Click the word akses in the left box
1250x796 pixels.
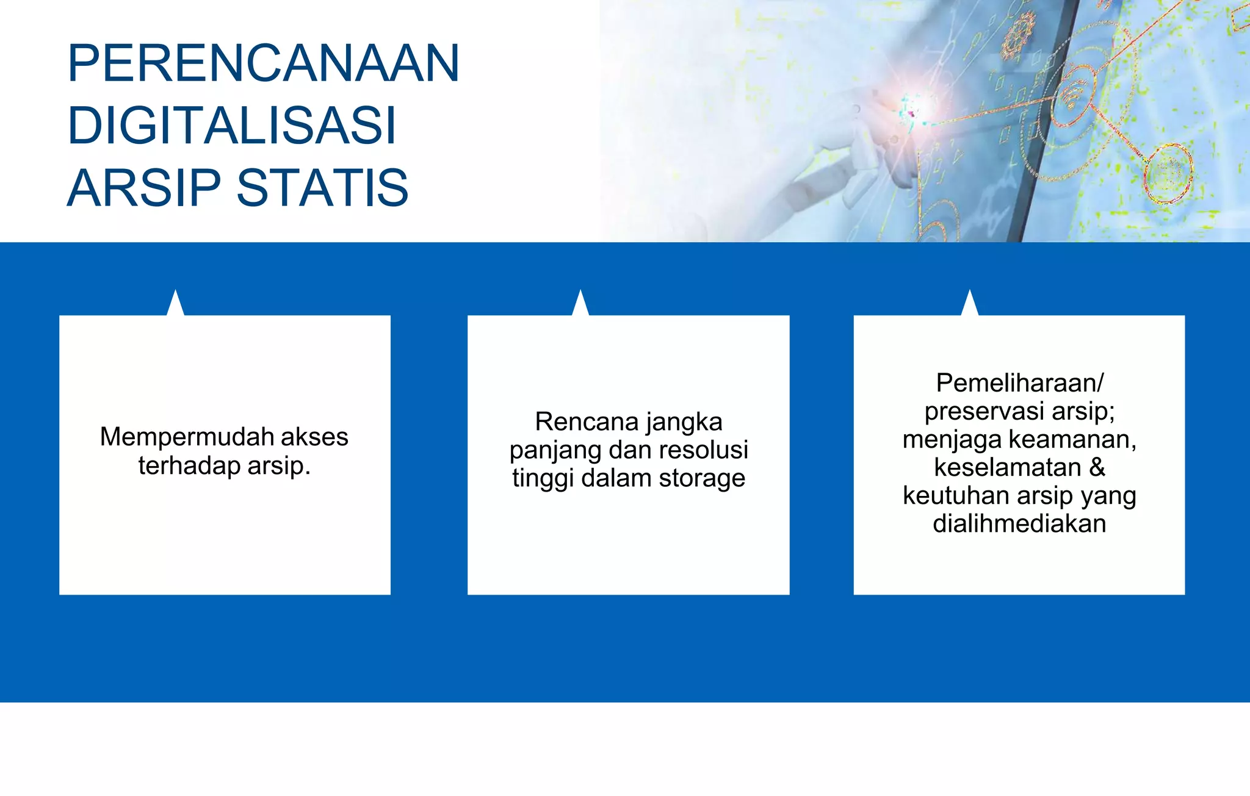click(x=314, y=437)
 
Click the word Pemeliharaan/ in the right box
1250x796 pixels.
click(x=1019, y=383)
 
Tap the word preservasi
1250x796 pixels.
click(x=982, y=412)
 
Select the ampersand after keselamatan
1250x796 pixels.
click(x=1097, y=468)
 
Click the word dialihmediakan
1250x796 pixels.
click(x=1019, y=524)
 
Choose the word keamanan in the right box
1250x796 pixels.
click(x=1072, y=440)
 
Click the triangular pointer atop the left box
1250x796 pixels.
click(x=176, y=304)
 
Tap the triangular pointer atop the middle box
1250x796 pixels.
click(x=580, y=304)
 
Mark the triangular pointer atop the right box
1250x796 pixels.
click(x=970, y=304)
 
